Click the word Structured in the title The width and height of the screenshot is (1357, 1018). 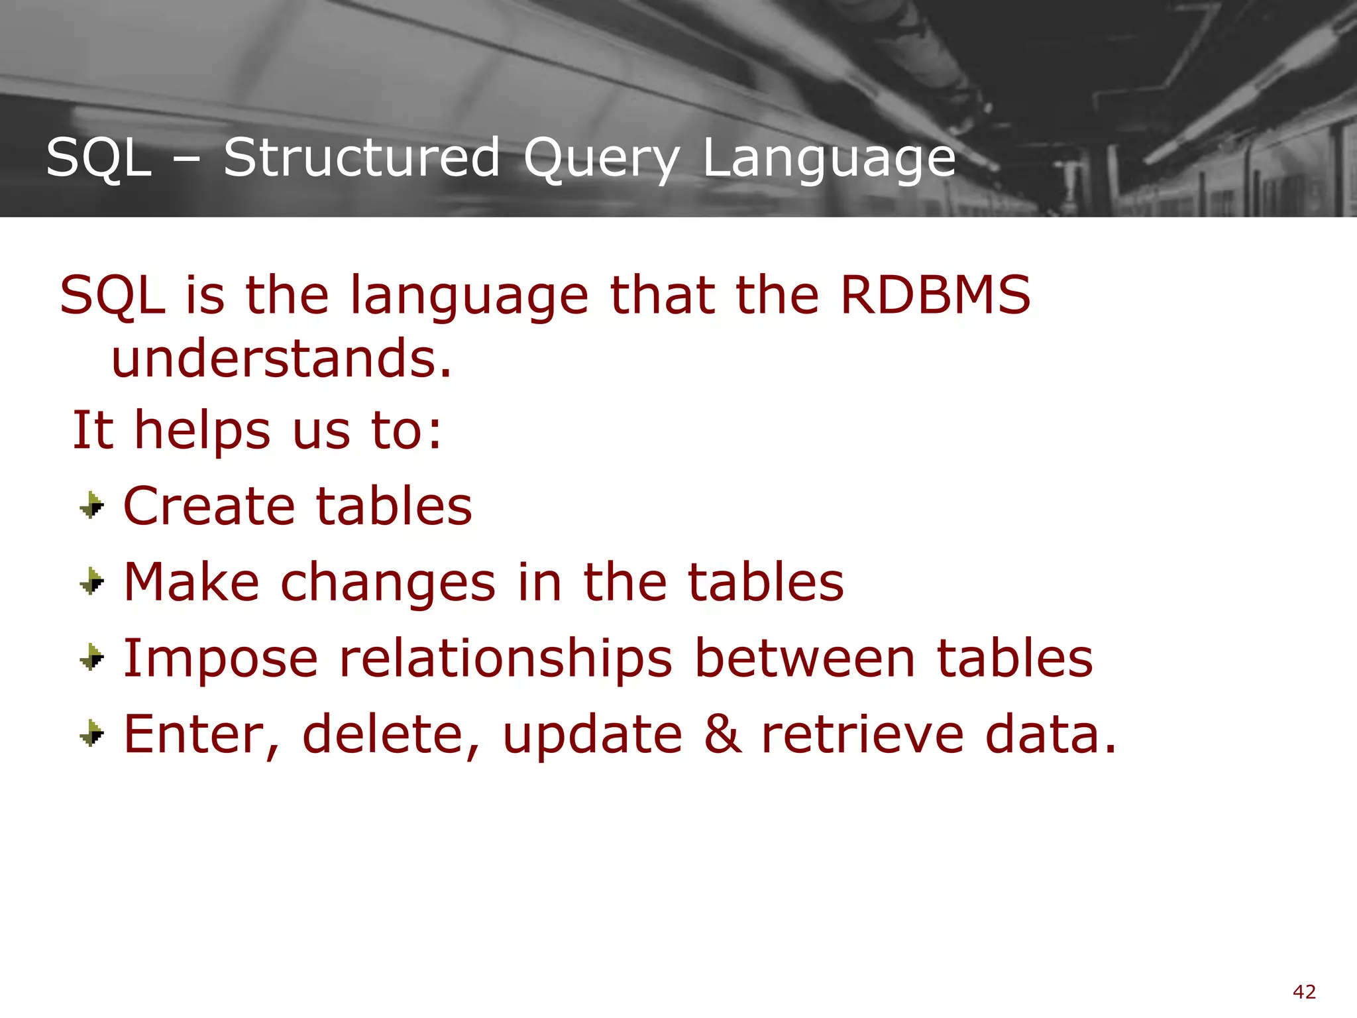coord(361,158)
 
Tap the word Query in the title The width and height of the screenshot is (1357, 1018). coord(601,159)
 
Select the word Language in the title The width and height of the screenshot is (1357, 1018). coord(828,159)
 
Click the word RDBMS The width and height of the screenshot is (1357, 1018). coord(935,295)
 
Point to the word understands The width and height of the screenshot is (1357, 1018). coord(282,359)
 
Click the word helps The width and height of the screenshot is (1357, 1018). coord(202,431)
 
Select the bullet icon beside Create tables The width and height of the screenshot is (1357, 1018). coord(92,506)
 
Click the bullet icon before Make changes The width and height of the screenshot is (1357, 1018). coord(92,582)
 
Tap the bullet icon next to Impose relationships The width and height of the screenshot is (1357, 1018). coord(92,657)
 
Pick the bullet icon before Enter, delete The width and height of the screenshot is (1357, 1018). coord(92,734)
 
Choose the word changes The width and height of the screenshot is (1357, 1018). coord(388,583)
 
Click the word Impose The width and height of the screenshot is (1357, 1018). coord(221,659)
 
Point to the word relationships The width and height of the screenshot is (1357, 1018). coord(506,659)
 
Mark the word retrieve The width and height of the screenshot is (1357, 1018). coord(862,735)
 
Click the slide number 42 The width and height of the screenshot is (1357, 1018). coord(1304,992)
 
